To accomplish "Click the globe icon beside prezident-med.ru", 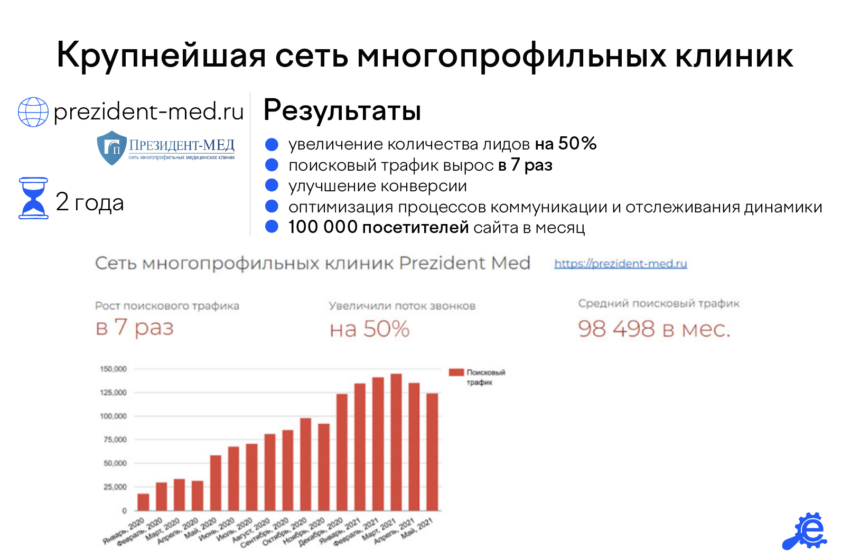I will (33, 112).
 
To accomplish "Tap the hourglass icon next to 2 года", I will (33, 198).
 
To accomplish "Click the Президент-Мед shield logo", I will (112, 148).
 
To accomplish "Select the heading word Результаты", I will (342, 110).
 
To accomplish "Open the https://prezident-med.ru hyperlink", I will (620, 264).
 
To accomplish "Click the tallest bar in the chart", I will (396, 442).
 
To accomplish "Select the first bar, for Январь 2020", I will (143, 502).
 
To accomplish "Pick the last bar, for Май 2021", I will (432, 452).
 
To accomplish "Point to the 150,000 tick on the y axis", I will (113, 369).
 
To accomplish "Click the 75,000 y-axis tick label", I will (115, 440).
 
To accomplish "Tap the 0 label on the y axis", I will (124, 511).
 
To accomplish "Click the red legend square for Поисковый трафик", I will (456, 372).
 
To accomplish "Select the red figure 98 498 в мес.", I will (654, 329).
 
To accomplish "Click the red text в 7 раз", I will (134, 327).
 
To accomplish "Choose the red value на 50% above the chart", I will (369, 329).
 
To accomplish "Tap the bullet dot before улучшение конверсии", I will (272, 185).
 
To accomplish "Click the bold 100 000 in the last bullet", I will (323, 227).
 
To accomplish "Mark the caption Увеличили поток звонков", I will (402, 306).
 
